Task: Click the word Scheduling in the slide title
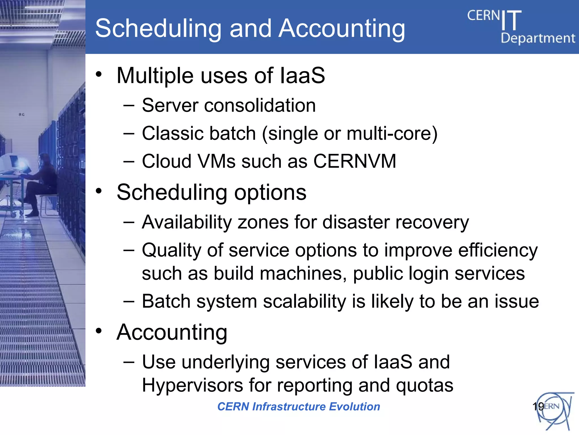point(158,28)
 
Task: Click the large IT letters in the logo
point(511,20)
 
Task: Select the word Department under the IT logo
point(538,38)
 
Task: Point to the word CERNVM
point(355,161)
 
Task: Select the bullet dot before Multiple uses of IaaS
point(98,74)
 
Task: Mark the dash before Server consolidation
point(129,106)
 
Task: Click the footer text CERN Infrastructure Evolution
point(299,406)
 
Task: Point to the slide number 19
point(538,406)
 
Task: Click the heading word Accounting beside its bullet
point(172,332)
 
